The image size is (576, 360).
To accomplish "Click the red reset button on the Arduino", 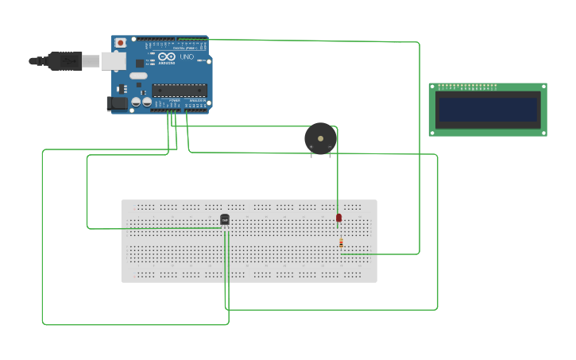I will coord(121,42).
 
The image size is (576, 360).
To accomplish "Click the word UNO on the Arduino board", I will coord(187,57).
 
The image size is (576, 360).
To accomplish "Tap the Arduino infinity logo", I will coord(167,56).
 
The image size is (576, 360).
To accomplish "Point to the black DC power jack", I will coord(117,103).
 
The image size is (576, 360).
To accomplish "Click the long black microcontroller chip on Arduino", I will coord(180,90).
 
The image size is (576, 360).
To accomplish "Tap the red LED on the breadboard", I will coord(338,217).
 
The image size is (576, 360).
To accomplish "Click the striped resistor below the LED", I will coord(341,242).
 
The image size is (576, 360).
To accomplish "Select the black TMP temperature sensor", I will coord(225,219).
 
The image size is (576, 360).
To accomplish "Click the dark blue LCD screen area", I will coord(488,110).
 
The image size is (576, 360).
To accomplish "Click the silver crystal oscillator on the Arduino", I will coord(138,75).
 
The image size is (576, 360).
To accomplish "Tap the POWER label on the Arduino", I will coord(174,100).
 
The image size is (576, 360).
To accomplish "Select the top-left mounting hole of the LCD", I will coord(433,87).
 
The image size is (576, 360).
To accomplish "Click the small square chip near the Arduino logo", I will coord(140,63).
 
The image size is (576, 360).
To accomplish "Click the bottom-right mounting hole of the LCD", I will coord(543,133).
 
